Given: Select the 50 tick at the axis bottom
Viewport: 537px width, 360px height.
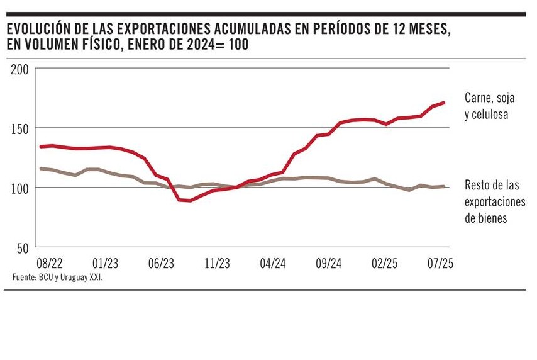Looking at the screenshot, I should [23, 248].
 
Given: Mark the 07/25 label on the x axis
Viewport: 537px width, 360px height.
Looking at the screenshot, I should [440, 263].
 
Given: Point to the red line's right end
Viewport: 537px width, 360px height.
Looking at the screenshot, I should [445, 103].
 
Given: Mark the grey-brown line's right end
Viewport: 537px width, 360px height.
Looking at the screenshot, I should [445, 186].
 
